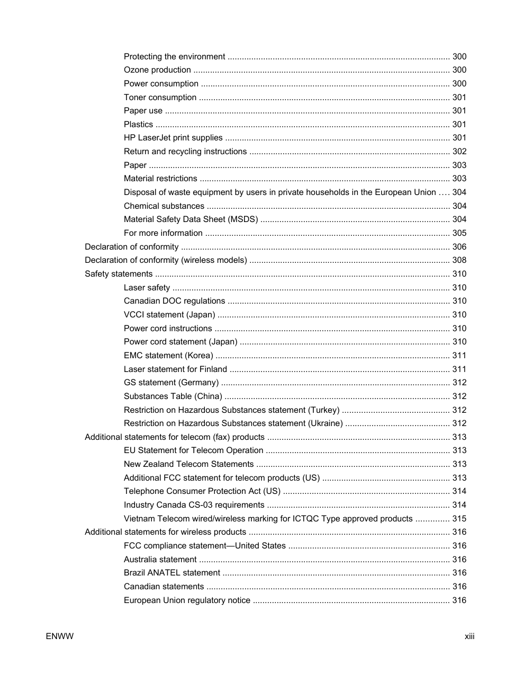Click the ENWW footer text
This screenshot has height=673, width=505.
click(x=59, y=636)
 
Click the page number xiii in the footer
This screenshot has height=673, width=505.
click(x=469, y=636)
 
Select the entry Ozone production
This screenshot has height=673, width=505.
click(x=157, y=70)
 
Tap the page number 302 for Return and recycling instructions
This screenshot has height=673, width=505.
click(x=459, y=152)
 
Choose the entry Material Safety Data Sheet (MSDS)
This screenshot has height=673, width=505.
click(x=191, y=219)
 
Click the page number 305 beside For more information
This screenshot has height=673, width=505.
click(x=459, y=233)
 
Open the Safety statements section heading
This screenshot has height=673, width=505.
click(x=119, y=274)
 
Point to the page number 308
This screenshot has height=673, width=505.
click(x=459, y=260)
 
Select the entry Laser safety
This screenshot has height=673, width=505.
click(x=147, y=288)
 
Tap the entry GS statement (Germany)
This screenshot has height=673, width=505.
click(x=171, y=383)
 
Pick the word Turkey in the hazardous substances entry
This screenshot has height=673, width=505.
click(x=325, y=410)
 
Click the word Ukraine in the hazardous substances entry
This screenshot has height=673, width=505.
click(x=325, y=423)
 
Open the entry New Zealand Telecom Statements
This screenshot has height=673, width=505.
click(x=188, y=464)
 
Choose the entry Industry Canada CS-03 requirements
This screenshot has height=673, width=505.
click(x=194, y=505)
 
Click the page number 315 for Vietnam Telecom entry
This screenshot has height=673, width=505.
click(x=459, y=519)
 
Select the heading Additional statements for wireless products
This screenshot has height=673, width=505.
click(x=165, y=532)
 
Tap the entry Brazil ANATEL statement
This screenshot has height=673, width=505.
click(x=172, y=573)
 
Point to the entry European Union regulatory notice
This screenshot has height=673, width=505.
click(x=187, y=600)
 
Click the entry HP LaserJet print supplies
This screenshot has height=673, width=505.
click(x=173, y=138)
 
